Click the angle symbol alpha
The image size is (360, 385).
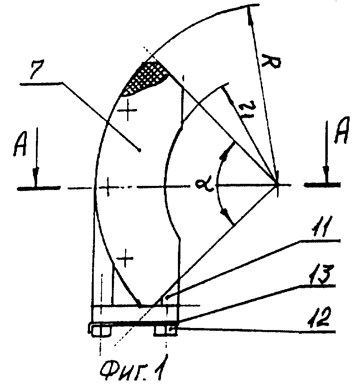click(205, 185)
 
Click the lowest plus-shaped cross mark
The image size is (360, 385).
click(125, 258)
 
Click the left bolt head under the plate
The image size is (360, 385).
click(101, 331)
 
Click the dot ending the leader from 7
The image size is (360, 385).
click(140, 150)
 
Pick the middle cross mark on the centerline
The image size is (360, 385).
click(108, 188)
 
